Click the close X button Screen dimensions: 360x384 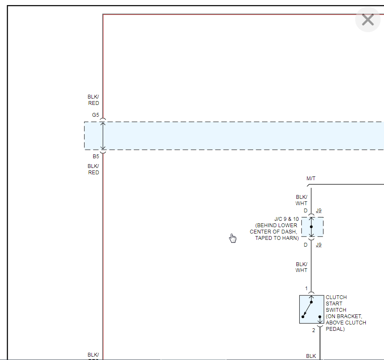(367, 19)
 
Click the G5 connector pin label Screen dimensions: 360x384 (95, 115)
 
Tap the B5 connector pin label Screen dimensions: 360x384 (96, 157)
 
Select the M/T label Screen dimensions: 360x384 (311, 179)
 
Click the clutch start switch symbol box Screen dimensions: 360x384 (312, 309)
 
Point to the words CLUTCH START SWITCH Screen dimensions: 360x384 (336, 303)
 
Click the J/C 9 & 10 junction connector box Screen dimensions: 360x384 (312, 227)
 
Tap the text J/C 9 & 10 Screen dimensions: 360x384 (286, 219)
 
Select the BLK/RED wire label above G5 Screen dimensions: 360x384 (94, 100)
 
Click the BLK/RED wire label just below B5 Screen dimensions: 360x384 (94, 169)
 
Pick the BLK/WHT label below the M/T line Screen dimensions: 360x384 (301, 200)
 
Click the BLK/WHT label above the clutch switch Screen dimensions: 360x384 (301, 267)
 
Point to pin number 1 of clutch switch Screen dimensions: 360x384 (307, 289)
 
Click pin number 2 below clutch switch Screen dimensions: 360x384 (314, 330)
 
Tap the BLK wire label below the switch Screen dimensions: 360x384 (311, 356)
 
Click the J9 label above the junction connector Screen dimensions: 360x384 (319, 211)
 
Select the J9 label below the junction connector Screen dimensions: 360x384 (319, 245)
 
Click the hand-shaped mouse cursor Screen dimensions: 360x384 (233, 238)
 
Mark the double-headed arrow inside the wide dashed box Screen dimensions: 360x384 (102, 136)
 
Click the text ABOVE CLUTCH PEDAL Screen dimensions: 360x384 (346, 326)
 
